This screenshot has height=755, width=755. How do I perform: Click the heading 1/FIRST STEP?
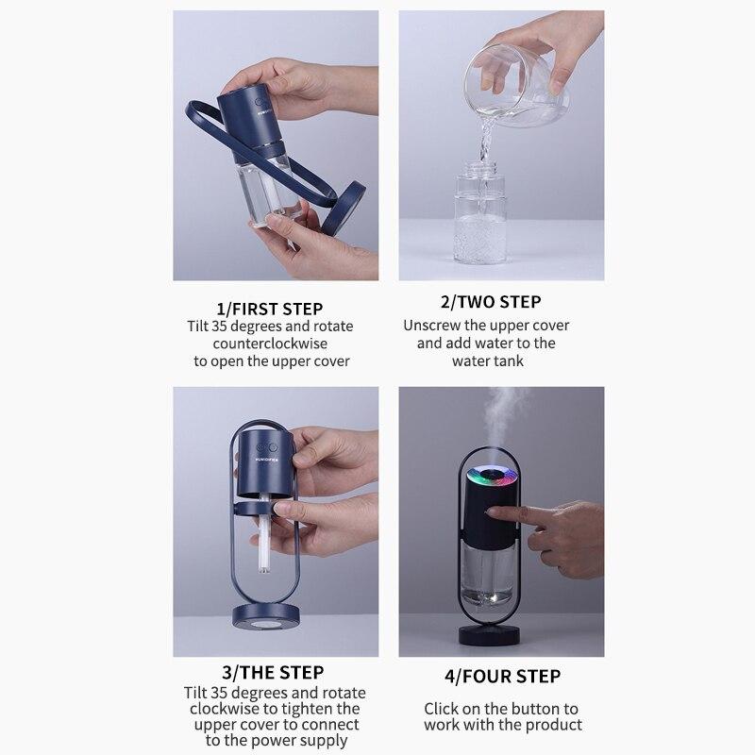[x=269, y=309]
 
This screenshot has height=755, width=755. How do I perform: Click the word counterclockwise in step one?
[x=269, y=344]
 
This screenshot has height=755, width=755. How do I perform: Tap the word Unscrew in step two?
[x=433, y=326]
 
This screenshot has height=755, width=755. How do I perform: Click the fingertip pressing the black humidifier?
[x=494, y=511]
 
